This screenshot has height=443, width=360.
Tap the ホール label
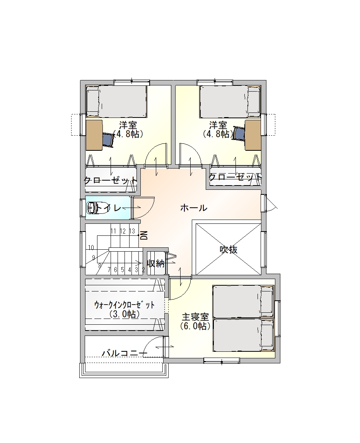coord(194,208)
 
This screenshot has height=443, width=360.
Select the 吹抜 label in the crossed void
coord(228,249)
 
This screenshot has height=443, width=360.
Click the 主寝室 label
coord(195,317)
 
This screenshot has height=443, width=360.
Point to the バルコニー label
coord(125,353)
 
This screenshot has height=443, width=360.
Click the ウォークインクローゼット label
coord(125,305)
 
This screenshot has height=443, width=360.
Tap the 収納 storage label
coord(156,264)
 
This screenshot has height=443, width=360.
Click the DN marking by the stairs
coord(144,235)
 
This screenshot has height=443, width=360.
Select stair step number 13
coord(132,231)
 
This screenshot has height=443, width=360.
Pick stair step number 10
coord(91,248)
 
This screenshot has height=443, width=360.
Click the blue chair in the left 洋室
coord(108,140)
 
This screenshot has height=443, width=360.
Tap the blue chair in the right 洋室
coord(239,135)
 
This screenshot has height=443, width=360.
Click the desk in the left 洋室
coord(94,135)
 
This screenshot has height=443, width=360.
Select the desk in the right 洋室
coord(253,135)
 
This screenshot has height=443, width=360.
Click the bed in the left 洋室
coord(116,101)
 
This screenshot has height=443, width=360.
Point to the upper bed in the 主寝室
coord(243,302)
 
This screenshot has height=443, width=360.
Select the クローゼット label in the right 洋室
coord(235,177)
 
